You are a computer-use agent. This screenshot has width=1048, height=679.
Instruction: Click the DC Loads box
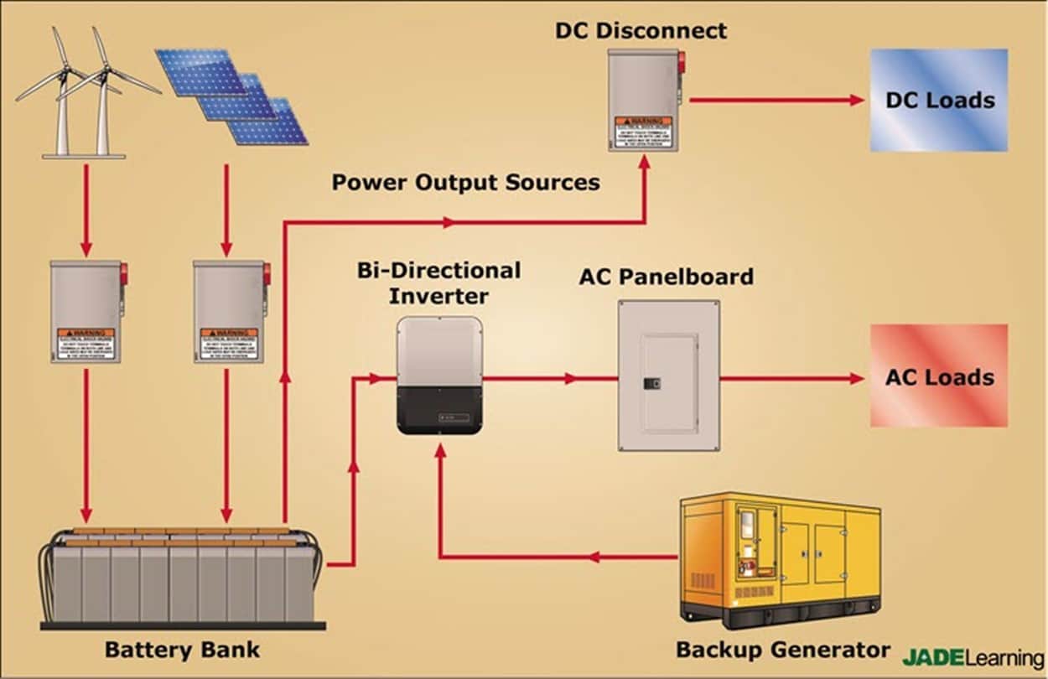(938, 100)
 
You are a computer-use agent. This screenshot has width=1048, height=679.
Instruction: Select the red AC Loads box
(938, 376)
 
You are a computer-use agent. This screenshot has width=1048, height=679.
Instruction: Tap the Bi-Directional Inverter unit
(439, 375)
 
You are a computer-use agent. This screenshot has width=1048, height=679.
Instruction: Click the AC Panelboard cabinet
(669, 376)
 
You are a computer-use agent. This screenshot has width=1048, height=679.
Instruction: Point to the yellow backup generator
(780, 557)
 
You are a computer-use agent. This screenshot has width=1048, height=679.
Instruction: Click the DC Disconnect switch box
(643, 100)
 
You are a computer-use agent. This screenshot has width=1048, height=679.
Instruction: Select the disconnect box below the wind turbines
(86, 311)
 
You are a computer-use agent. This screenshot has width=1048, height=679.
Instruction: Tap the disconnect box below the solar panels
(229, 311)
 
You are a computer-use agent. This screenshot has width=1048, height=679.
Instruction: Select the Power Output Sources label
(465, 182)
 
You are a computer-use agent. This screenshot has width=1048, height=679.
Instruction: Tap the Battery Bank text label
(182, 649)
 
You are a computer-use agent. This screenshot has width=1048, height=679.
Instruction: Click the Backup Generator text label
(783, 649)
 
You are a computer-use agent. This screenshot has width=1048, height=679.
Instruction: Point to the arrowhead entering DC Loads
(856, 100)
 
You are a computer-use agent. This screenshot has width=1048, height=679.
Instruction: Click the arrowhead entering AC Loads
(856, 378)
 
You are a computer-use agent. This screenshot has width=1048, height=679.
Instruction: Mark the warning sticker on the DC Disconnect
(644, 132)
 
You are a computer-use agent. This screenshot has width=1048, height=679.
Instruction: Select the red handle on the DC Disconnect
(682, 62)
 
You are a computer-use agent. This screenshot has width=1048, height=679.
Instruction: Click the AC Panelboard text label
(666, 276)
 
